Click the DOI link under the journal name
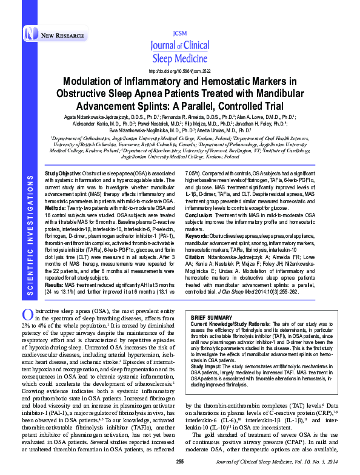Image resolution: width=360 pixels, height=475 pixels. coord(179,70)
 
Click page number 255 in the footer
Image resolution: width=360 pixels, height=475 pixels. coord(179,462)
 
